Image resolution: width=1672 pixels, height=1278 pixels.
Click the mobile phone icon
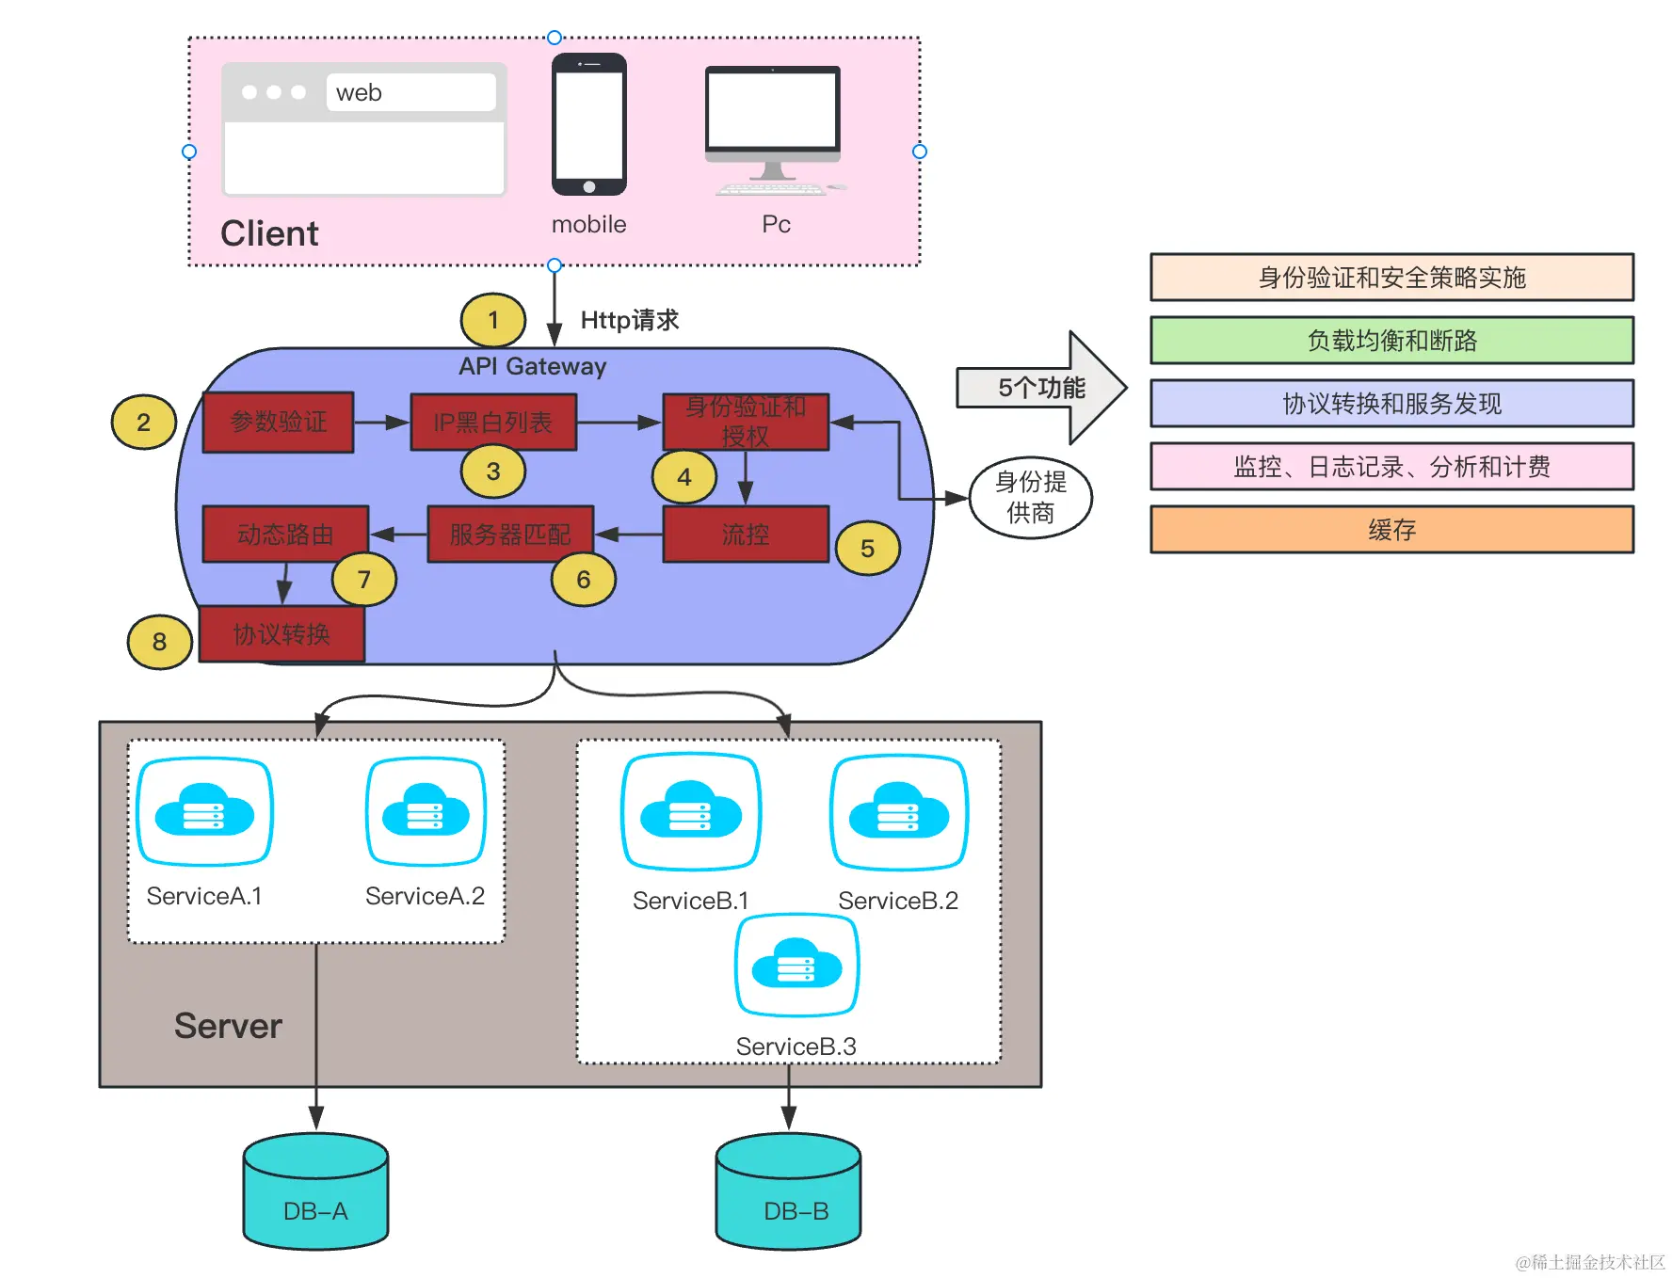[589, 124]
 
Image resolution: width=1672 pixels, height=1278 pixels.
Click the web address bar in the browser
[410, 92]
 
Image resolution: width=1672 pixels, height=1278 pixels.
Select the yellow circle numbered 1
[492, 320]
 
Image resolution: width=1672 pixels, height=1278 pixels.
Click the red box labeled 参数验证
[279, 422]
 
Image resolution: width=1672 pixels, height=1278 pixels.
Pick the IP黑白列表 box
[493, 423]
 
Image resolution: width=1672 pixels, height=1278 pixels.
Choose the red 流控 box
[746, 535]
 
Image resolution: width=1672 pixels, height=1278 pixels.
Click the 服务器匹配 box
[510, 535]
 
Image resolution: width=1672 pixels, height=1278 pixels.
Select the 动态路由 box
[285, 535]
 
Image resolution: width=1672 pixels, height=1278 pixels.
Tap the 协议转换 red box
[281, 634]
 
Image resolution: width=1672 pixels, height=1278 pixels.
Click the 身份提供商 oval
[1031, 497]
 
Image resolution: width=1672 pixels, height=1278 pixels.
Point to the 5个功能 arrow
[1041, 387]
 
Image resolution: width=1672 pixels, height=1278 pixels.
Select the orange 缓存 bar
[1391, 530]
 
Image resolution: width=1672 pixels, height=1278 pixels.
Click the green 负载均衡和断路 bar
[1391, 341]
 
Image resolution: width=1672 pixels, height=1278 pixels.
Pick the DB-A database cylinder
[315, 1193]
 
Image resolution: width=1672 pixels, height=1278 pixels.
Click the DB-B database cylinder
[788, 1193]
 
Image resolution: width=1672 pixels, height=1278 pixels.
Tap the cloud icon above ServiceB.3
[796, 965]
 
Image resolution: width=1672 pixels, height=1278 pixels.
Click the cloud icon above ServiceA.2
[426, 811]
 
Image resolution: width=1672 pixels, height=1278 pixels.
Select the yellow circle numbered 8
[159, 642]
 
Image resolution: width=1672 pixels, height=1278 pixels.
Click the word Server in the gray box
[228, 1026]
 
